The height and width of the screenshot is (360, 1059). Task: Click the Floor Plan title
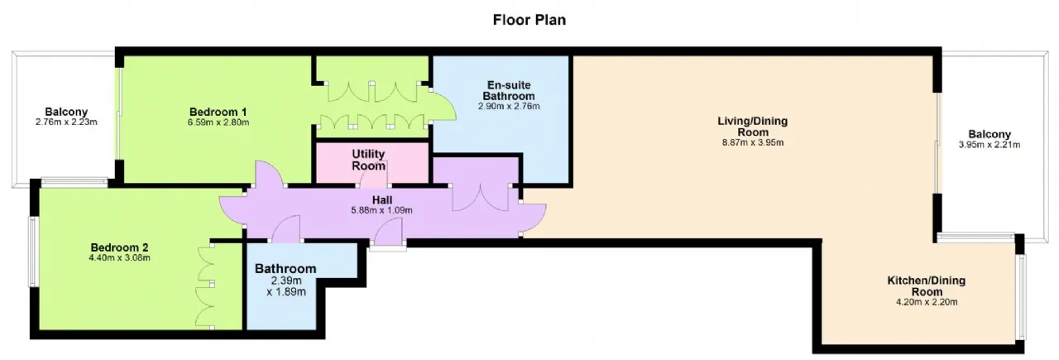(x=529, y=20)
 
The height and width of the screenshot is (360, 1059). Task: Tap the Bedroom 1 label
(x=218, y=112)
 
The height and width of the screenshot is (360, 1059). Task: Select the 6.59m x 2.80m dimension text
(x=218, y=122)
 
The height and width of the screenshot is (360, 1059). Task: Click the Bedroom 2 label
(x=120, y=247)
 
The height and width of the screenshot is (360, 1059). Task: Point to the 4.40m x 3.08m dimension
(x=120, y=258)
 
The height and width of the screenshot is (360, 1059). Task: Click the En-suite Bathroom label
(x=509, y=90)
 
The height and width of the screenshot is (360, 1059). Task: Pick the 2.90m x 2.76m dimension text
(x=509, y=106)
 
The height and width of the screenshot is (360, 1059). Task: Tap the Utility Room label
(x=368, y=160)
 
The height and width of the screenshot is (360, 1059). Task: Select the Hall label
(x=382, y=200)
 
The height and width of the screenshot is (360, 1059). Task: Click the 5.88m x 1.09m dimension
(x=381, y=210)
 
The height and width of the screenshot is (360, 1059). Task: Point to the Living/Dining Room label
(x=753, y=127)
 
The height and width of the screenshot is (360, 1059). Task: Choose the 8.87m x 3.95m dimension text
(x=753, y=142)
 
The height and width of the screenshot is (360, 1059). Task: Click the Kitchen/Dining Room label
(x=927, y=286)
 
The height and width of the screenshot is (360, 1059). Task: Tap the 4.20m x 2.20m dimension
(x=927, y=302)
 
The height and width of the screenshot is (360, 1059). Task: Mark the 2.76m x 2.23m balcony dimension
(x=66, y=122)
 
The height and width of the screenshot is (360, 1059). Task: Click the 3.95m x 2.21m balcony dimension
(x=990, y=145)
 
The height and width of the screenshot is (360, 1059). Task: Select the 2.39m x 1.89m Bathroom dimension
(x=286, y=286)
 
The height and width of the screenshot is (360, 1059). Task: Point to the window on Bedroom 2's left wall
(x=33, y=252)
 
